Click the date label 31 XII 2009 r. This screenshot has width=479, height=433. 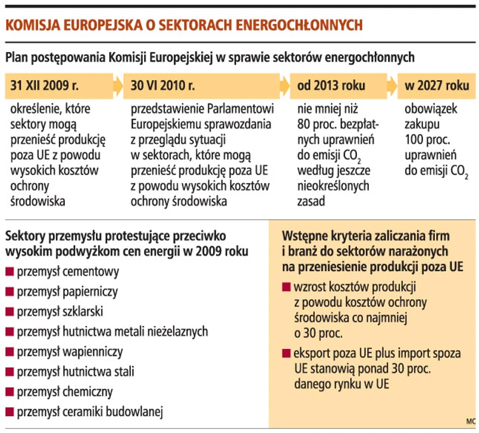tap(45, 85)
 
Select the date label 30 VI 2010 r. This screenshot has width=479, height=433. tap(163, 85)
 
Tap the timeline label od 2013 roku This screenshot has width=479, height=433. tap(331, 85)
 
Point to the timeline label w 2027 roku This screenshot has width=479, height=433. tap(437, 85)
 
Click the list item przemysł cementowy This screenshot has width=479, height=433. tap(68, 272)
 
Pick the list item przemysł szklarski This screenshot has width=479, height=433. tap(60, 311)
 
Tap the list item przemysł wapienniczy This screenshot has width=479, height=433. tap(70, 352)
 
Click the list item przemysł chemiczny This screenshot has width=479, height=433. tap(65, 391)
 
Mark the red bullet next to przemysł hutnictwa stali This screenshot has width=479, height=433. tap(10, 372)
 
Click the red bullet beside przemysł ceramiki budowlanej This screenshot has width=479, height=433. tap(10, 412)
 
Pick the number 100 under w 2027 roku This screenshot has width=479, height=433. tap(415, 140)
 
